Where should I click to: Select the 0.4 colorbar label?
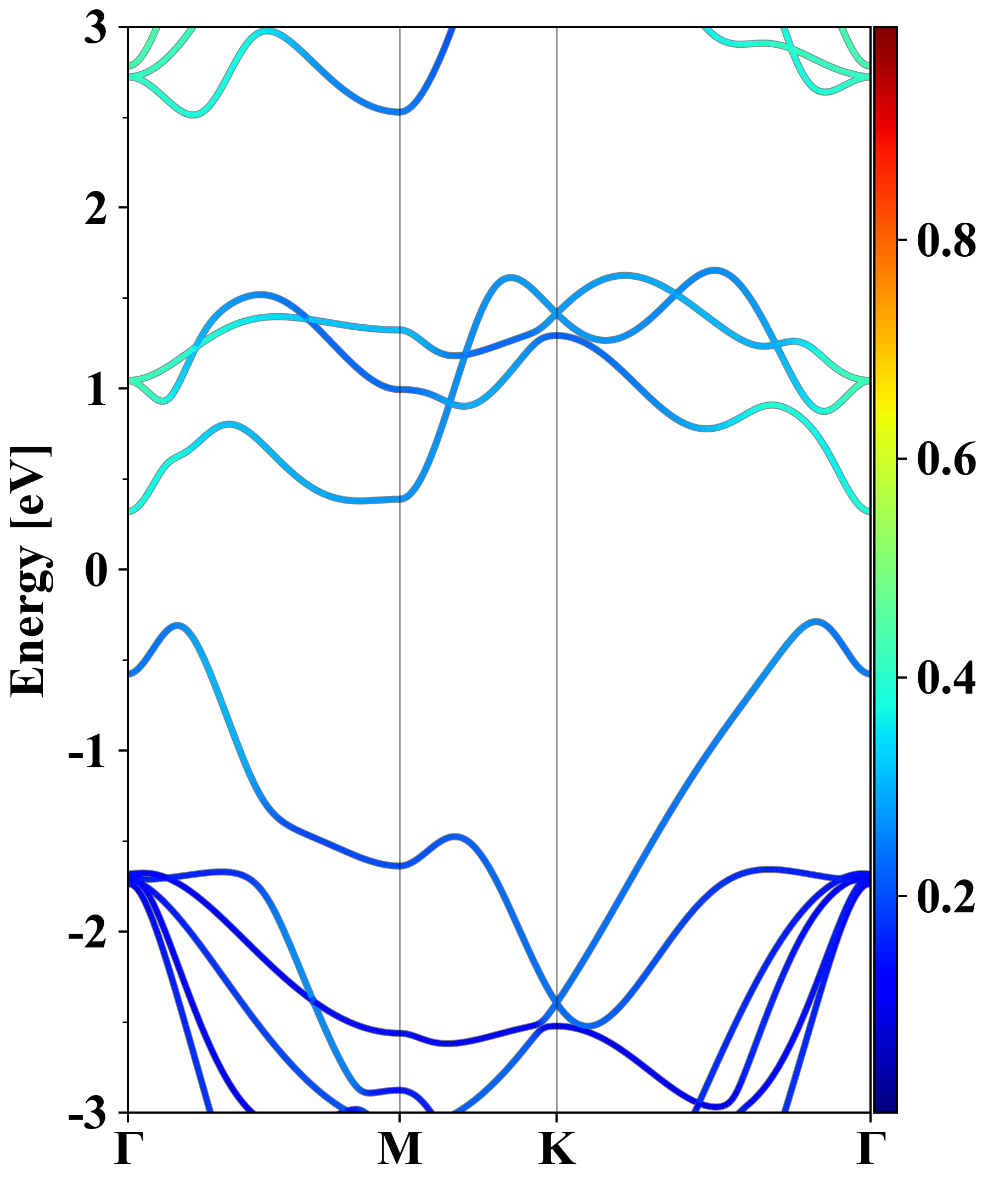pyautogui.click(x=946, y=678)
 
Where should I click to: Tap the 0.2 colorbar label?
pyautogui.click(x=946, y=896)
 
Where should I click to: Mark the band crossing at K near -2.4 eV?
pyautogui.click(x=557, y=1002)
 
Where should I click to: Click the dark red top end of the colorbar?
pyautogui.click(x=885, y=32)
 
